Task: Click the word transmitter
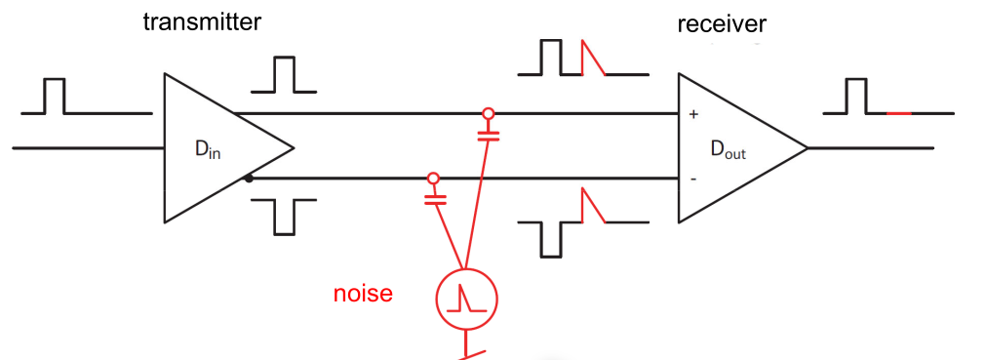click(x=202, y=21)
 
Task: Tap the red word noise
click(x=363, y=293)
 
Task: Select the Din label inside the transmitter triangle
click(x=208, y=149)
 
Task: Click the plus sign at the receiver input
click(x=693, y=115)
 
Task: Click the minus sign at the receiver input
click(x=693, y=179)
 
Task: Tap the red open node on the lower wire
click(x=433, y=179)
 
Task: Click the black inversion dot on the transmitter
click(x=250, y=179)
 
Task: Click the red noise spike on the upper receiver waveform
click(x=591, y=59)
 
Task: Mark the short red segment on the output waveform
click(x=899, y=113)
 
